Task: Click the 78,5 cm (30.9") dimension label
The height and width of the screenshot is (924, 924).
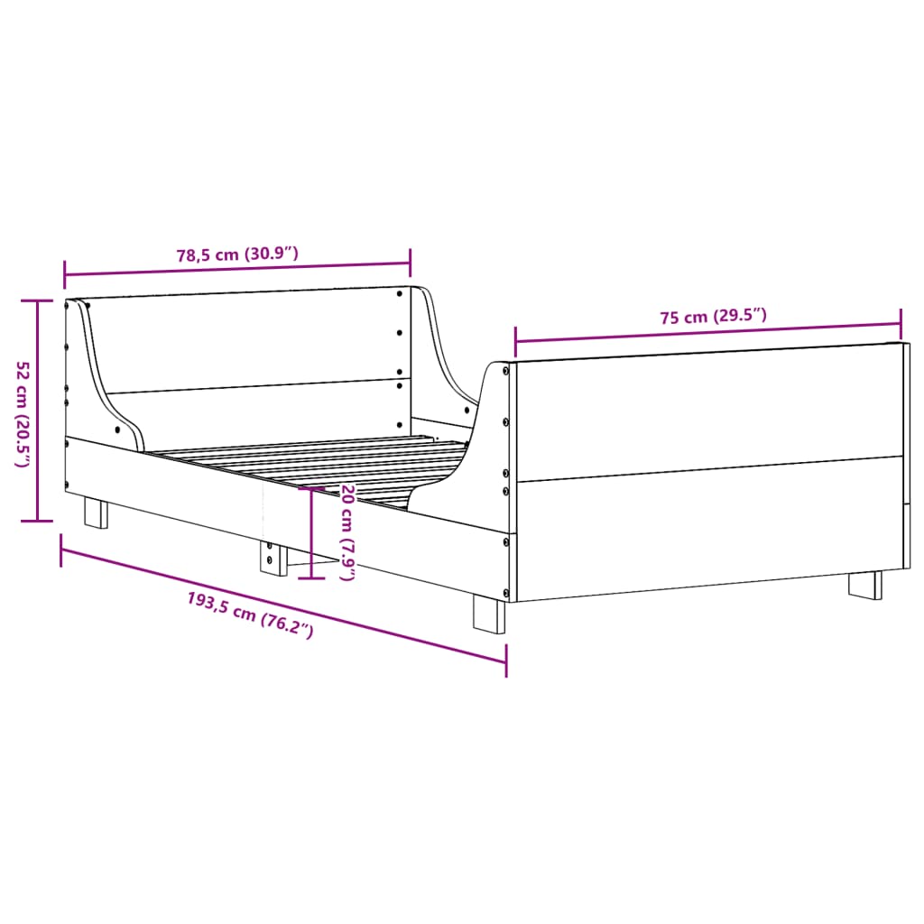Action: click(x=237, y=254)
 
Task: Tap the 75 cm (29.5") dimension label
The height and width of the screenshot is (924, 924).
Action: click(x=713, y=317)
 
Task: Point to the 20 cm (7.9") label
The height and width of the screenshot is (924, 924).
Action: click(x=346, y=532)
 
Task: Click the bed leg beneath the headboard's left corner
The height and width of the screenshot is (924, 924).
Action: click(x=96, y=513)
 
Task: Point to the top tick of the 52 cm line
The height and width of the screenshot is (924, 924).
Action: click(x=37, y=300)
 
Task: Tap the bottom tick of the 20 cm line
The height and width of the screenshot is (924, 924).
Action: click(x=311, y=577)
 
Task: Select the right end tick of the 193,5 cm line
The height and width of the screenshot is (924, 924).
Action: click(x=506, y=661)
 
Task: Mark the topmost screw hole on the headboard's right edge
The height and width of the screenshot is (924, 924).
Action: click(x=400, y=293)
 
